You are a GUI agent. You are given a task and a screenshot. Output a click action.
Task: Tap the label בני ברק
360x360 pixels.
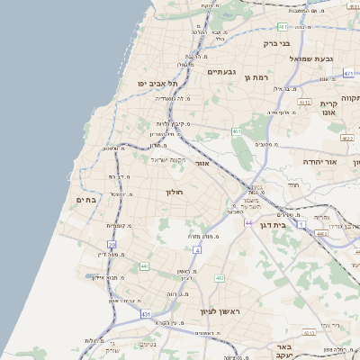(277, 42)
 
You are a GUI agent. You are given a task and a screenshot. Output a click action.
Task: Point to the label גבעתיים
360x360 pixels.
(221, 71)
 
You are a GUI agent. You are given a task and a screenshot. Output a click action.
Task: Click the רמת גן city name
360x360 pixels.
(258, 77)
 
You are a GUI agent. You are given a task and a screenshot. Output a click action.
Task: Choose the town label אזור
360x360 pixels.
(202, 164)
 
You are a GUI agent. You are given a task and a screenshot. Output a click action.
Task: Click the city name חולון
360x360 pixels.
(175, 192)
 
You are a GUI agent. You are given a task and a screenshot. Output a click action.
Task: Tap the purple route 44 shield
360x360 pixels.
(247, 222)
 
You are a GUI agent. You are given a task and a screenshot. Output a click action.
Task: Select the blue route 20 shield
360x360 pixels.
(112, 244)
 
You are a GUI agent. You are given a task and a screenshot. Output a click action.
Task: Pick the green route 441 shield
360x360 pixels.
(144, 266)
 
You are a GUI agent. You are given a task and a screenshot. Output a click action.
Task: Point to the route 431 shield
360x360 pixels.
(146, 313)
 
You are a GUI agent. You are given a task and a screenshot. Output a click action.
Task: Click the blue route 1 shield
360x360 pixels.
(302, 221)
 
